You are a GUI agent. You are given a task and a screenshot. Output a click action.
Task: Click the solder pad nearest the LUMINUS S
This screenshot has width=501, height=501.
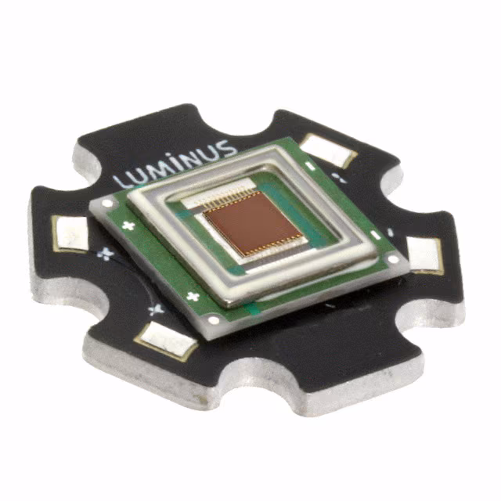(x=326, y=150)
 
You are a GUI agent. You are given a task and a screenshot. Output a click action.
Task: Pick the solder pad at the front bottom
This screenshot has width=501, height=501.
(x=166, y=341)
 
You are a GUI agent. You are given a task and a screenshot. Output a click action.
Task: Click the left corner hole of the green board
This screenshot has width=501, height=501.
(x=107, y=203)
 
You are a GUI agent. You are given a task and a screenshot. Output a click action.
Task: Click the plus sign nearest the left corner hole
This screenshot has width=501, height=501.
(x=127, y=226)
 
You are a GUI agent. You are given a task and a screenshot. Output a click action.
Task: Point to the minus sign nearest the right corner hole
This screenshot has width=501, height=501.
(x=375, y=235)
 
